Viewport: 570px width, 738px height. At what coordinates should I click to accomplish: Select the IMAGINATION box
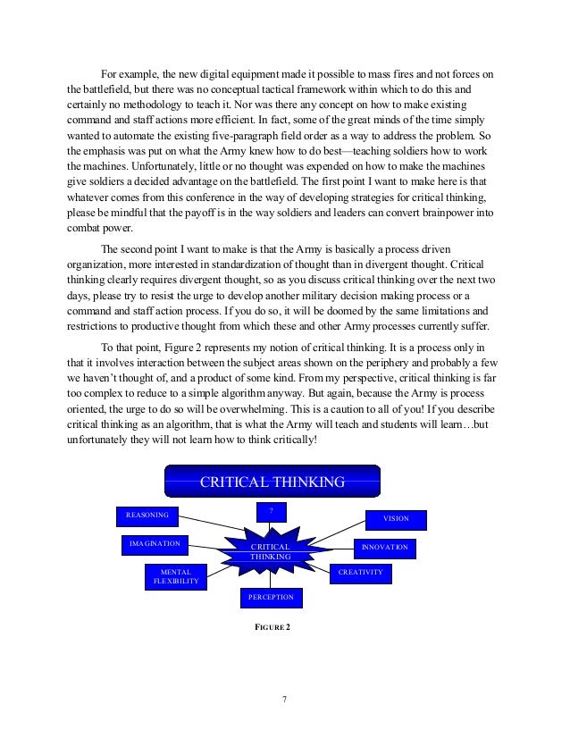[154, 544]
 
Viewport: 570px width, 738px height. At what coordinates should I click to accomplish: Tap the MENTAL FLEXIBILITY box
[176, 576]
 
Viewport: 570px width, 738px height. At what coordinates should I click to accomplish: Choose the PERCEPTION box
[271, 597]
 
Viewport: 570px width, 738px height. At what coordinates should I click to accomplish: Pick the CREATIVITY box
[361, 572]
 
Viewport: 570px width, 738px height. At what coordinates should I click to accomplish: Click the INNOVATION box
[384, 547]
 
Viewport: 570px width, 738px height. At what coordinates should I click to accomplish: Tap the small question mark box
[271, 511]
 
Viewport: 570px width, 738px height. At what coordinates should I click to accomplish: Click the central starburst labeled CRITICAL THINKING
[270, 550]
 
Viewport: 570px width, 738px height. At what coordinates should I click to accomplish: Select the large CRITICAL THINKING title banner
[272, 482]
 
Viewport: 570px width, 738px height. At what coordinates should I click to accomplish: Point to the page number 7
[284, 699]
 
